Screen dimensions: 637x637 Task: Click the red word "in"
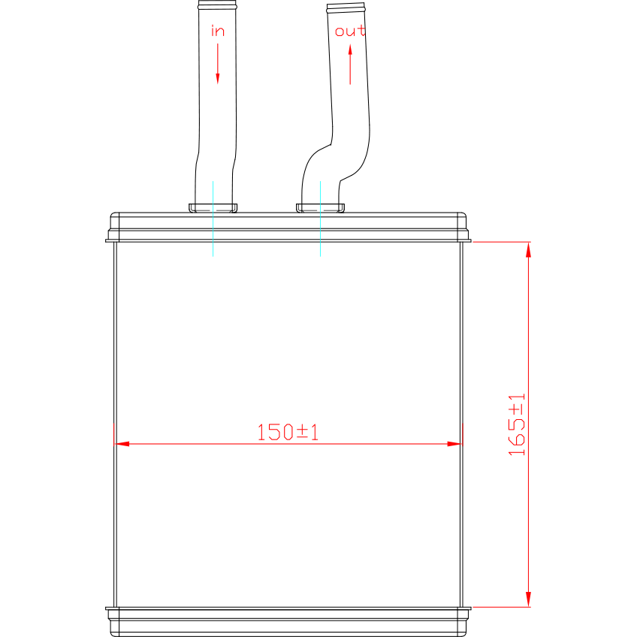pos(218,31)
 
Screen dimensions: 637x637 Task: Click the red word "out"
pos(350,31)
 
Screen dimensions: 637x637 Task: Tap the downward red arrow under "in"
pos(218,64)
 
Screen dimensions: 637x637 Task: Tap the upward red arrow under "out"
pos(350,65)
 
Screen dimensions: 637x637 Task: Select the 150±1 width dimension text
pos(288,432)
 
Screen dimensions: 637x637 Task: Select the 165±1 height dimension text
pos(517,424)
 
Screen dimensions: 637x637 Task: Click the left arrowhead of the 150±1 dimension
pos(122,444)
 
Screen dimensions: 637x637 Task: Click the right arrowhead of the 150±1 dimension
pos(454,444)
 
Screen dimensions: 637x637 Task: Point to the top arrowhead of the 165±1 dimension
pos(528,249)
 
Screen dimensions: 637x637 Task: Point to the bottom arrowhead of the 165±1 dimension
pos(528,599)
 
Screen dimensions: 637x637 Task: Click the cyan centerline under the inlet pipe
pos(213,219)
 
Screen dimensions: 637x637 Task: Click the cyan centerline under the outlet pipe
pos(320,219)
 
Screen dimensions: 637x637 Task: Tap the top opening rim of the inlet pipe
pos(217,5)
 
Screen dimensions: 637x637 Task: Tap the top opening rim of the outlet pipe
pos(346,8)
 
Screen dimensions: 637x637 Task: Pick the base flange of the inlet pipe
pos(213,208)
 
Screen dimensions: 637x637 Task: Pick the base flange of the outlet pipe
pos(320,208)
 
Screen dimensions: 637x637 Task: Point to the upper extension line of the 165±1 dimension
pos(502,242)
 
